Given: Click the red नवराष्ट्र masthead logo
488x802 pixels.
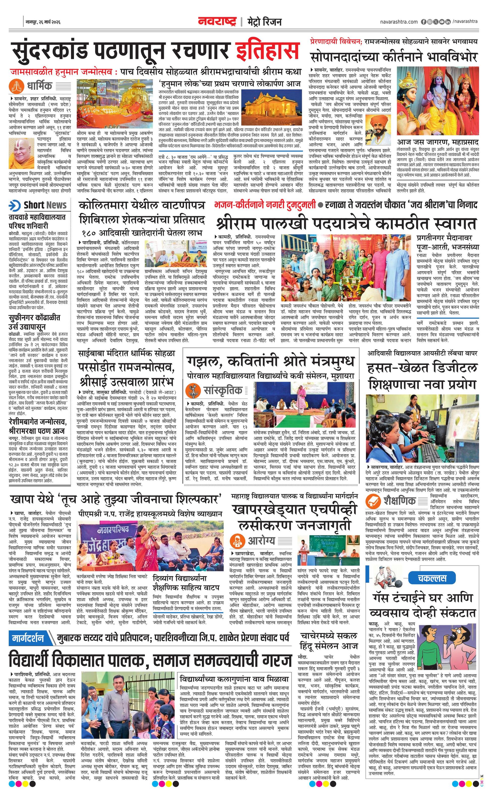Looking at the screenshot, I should pyautogui.click(x=217, y=21).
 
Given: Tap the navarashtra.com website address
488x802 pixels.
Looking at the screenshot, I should pyautogui.click(x=399, y=22).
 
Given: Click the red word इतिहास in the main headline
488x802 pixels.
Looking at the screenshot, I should pyautogui.click(x=267, y=51).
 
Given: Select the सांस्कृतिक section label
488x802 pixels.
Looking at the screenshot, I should pyautogui.click(x=223, y=390).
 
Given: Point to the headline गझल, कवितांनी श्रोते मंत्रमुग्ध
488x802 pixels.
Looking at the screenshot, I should pyautogui.click(x=270, y=361).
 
